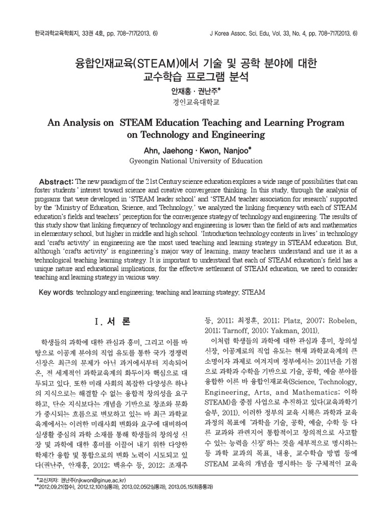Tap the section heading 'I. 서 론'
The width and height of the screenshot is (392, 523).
point(113,322)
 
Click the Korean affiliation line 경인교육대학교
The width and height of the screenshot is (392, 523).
point(195,103)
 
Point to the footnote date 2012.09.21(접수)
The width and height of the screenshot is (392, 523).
point(59,487)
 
